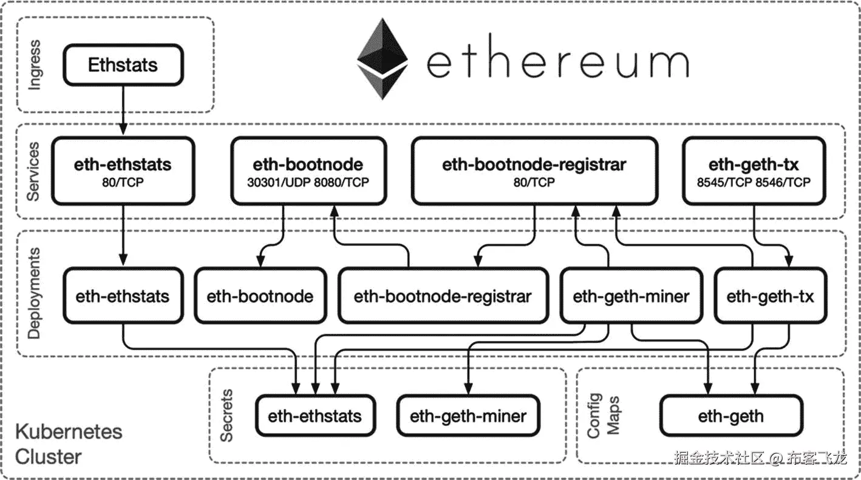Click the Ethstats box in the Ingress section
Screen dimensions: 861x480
click(x=123, y=64)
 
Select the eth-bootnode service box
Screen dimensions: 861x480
click(x=308, y=171)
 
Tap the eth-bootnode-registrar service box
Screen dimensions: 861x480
click(x=534, y=171)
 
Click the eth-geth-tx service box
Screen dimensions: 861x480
click(x=754, y=171)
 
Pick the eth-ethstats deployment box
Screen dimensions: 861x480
click(x=123, y=295)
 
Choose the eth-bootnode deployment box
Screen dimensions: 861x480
click(x=260, y=295)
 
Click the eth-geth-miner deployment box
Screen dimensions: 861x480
click(x=631, y=295)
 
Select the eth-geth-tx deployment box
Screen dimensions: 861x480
click(x=771, y=295)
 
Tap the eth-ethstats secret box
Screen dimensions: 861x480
click(x=315, y=416)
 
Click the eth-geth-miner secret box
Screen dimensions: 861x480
click(x=468, y=416)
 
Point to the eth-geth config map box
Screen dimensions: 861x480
click(x=731, y=416)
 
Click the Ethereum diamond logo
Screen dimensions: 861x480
click(x=383, y=58)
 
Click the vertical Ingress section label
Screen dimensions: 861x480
click(x=34, y=64)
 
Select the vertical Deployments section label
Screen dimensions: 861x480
click(x=34, y=293)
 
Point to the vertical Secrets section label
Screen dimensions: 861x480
click(x=226, y=416)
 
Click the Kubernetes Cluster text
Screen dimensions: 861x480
click(x=69, y=444)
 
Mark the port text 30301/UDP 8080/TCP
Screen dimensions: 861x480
click(x=308, y=182)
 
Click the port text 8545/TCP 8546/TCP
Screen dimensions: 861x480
click(x=754, y=182)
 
